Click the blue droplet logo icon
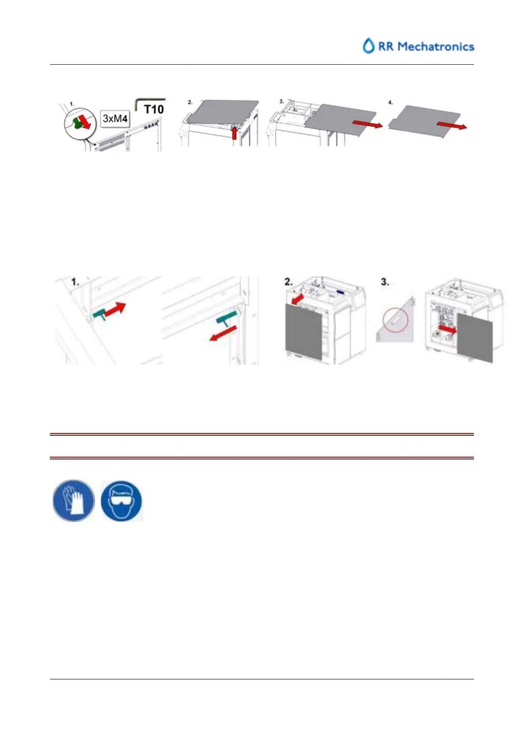(368, 46)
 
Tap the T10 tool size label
(154, 109)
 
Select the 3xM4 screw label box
(115, 118)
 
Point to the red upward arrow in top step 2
(234, 132)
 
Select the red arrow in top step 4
(451, 126)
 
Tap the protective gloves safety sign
(73, 501)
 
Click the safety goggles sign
(121, 501)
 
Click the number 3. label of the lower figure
(385, 282)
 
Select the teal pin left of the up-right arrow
(100, 314)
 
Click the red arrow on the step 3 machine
(448, 330)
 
